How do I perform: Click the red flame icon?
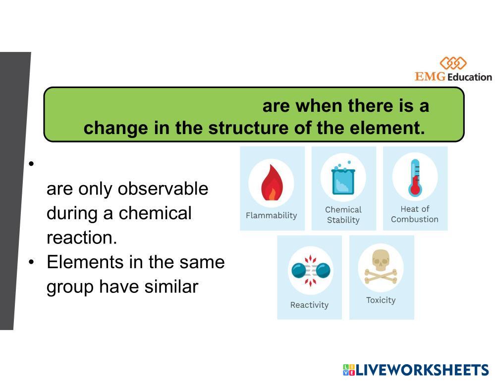click(272, 183)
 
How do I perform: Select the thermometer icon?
click(415, 178)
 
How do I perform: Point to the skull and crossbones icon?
click(381, 266)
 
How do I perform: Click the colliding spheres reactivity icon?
click(311, 271)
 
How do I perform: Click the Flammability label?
click(272, 216)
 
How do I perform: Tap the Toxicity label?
click(381, 300)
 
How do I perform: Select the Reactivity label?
click(309, 305)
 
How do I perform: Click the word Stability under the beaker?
click(343, 220)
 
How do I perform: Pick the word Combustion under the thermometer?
click(415, 219)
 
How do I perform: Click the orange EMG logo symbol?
click(453, 63)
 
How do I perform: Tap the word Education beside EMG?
click(470, 77)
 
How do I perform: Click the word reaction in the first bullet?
click(82, 238)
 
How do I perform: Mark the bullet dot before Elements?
click(31, 262)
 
